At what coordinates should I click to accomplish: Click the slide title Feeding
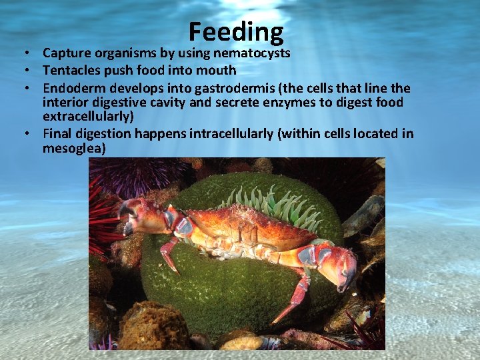(236, 32)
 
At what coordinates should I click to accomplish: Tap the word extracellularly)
(88, 116)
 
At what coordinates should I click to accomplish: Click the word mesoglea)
(74, 148)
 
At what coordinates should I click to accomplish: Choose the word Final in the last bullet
(57, 133)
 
